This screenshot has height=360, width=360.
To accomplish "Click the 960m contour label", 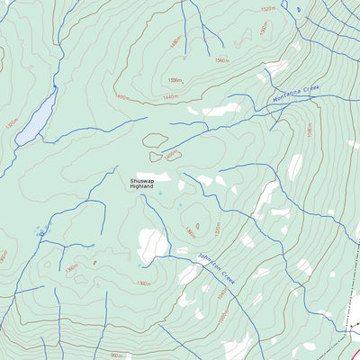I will tap(117, 355).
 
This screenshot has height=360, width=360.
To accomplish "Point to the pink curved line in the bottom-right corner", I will tap(354, 347).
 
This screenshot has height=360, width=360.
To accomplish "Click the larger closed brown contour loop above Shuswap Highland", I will tap(155, 140).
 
